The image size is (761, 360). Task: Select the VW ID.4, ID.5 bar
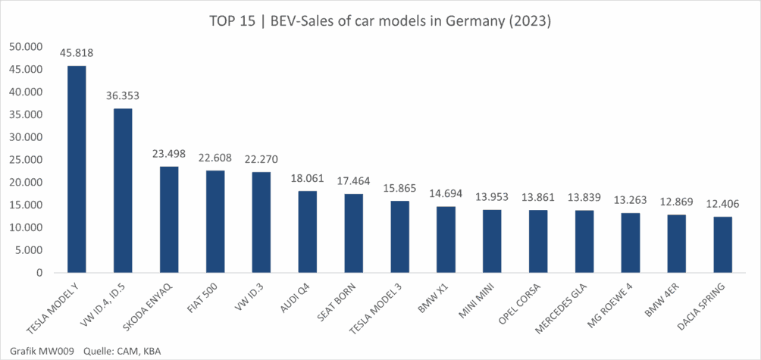click(x=123, y=190)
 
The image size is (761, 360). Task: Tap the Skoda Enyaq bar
click(x=169, y=220)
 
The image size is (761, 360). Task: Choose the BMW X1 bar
click(x=446, y=239)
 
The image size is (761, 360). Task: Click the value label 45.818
click(x=77, y=53)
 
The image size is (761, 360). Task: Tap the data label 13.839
click(x=584, y=197)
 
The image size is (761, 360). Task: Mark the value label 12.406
click(x=722, y=204)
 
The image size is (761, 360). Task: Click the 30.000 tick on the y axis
click(x=27, y=137)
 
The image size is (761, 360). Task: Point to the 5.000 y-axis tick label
click(x=30, y=250)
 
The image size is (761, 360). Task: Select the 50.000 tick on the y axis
click(x=27, y=46)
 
